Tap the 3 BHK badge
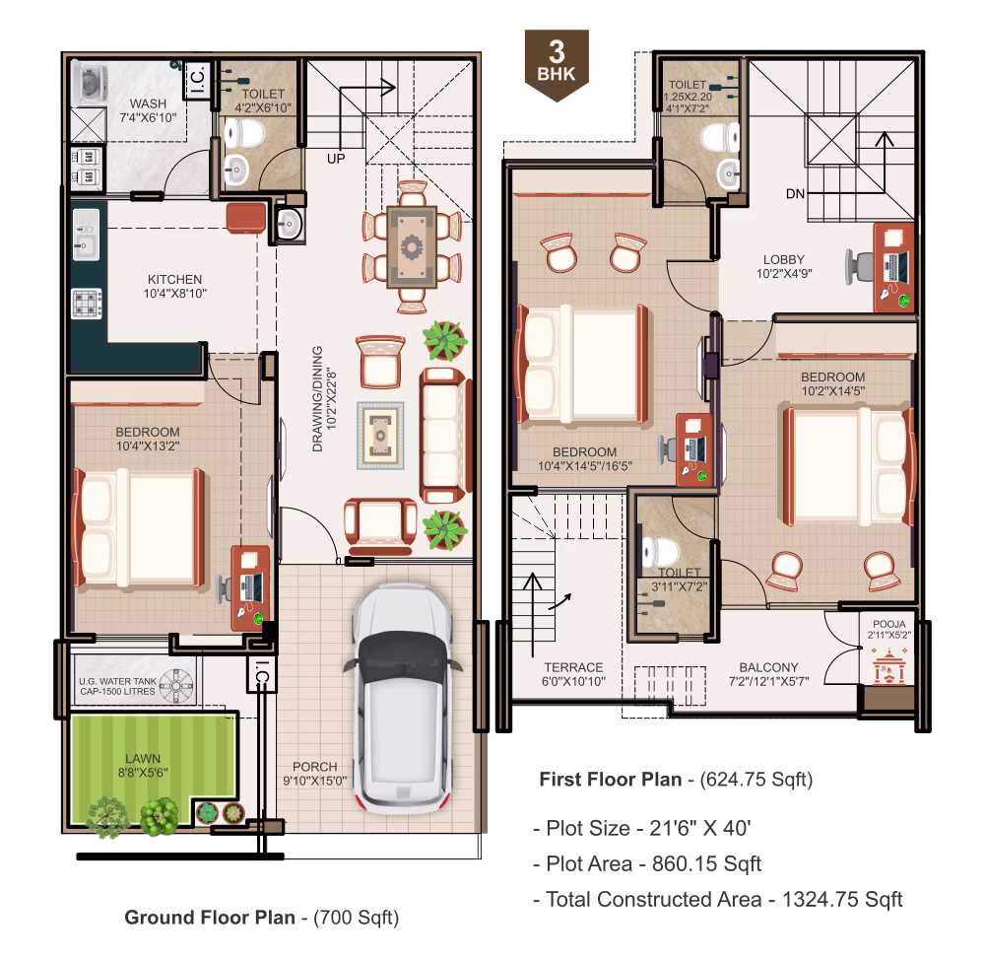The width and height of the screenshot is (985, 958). coord(557,65)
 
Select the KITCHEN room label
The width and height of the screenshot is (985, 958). coord(174,279)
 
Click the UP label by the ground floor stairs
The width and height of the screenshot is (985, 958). coord(336,159)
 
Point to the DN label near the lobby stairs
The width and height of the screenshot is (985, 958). coord(795,193)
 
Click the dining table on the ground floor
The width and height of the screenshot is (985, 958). coord(412,246)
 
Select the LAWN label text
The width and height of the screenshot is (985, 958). coord(143,758)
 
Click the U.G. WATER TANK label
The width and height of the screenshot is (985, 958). coord(117,681)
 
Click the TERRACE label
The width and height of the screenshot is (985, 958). coord(573,667)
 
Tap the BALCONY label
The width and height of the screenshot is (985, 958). coord(769,667)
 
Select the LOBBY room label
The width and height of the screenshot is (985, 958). coord(784,259)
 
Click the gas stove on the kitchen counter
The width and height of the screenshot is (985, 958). coord(86,303)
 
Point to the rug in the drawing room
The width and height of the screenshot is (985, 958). coord(380,436)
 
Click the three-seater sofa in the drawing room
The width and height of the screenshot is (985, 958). coord(445,436)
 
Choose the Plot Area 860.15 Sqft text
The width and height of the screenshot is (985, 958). coord(647,863)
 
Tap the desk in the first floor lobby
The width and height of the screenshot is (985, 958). coord(893,267)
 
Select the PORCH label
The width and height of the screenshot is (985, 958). coord(315,766)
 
